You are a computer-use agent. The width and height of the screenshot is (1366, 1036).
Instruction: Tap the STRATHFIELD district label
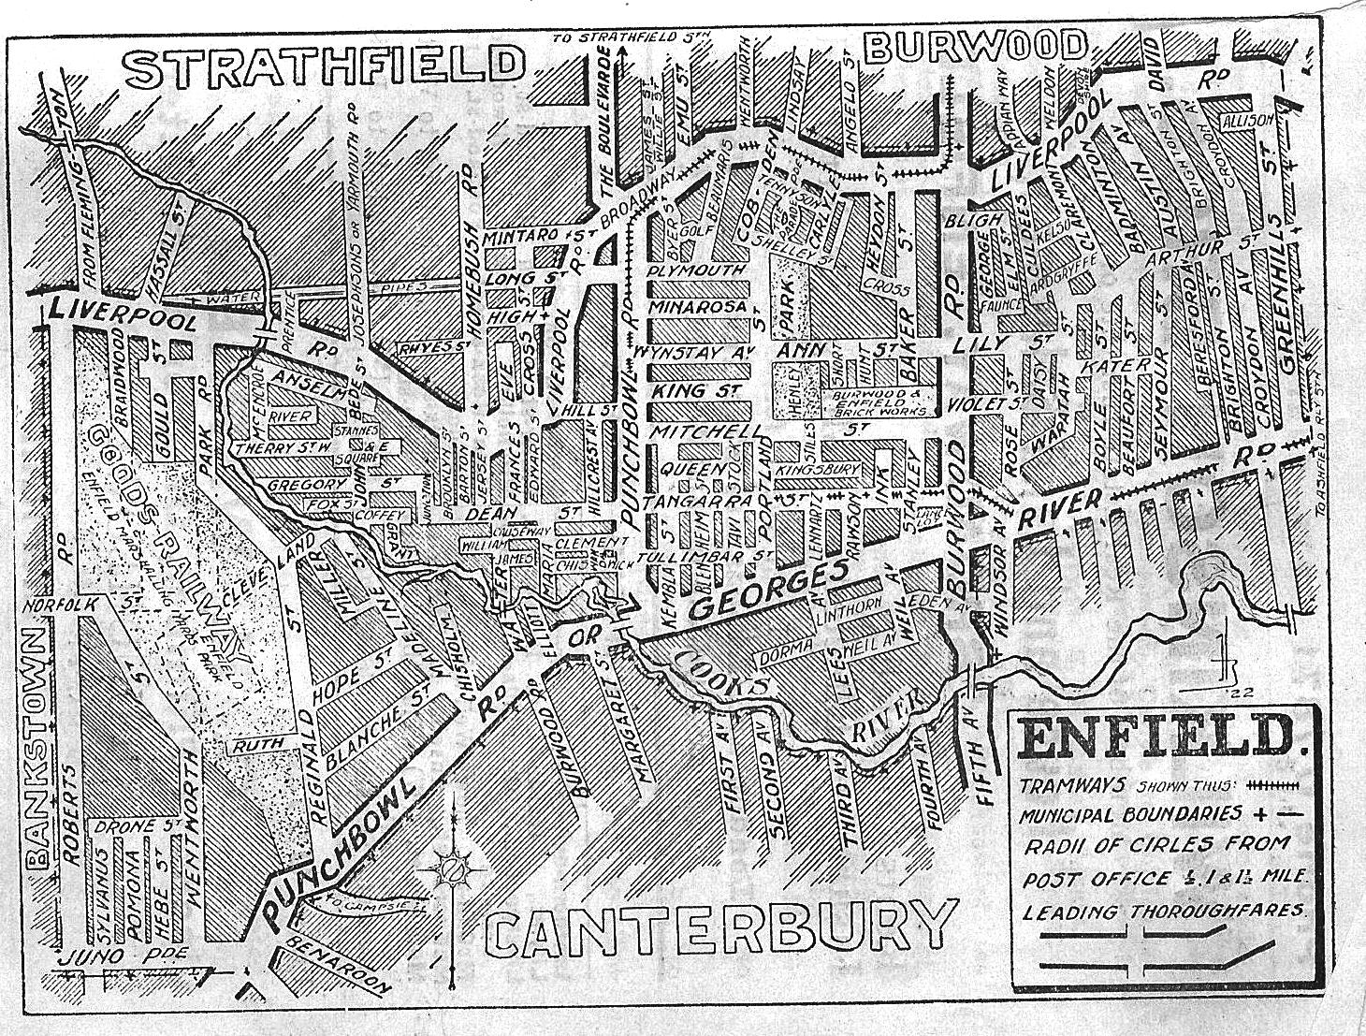click(325, 66)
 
